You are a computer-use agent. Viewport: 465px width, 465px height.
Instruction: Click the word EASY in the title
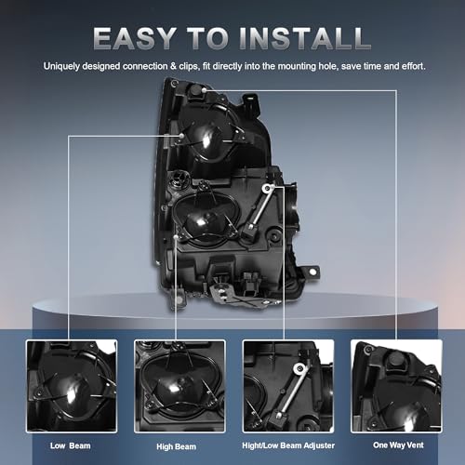(135, 38)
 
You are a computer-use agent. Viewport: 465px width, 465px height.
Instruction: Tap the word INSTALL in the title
(305, 38)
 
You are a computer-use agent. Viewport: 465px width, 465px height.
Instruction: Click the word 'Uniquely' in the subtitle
(61, 66)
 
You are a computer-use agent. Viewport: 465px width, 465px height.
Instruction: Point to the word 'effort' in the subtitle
(414, 66)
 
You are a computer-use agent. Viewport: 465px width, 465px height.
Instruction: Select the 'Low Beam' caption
(71, 445)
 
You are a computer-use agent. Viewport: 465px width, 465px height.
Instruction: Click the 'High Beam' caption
(176, 446)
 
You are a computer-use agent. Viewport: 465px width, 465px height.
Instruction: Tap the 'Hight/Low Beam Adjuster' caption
(288, 445)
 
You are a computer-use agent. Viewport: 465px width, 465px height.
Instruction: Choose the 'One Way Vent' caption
(398, 445)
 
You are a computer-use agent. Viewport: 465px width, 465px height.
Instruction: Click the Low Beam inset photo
(72, 386)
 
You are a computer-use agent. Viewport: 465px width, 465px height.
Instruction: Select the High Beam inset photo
(179, 386)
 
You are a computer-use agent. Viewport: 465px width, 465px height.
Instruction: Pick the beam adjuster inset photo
(288, 386)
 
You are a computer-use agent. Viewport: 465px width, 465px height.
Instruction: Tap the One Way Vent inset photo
(396, 386)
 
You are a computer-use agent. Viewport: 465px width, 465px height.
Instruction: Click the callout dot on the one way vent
(204, 90)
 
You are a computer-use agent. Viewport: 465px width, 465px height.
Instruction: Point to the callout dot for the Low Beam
(181, 136)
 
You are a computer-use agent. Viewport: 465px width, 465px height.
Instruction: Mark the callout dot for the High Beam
(176, 237)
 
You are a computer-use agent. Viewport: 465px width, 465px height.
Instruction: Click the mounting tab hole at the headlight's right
(312, 272)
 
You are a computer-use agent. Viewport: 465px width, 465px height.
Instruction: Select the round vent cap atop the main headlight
(196, 90)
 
